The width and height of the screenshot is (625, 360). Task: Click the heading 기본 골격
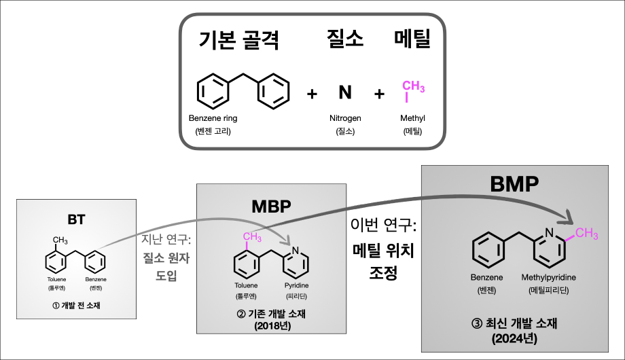[239, 41]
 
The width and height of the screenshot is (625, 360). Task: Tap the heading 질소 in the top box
[342, 39]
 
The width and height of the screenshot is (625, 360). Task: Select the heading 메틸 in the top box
[412, 39]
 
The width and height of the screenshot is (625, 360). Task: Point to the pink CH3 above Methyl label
[413, 87]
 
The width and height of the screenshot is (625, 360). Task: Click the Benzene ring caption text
[213, 118]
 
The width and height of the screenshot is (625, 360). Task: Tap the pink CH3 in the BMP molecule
[586, 234]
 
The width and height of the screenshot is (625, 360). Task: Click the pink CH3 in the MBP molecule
[252, 237]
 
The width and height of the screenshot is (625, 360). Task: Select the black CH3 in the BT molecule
[60, 240]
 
